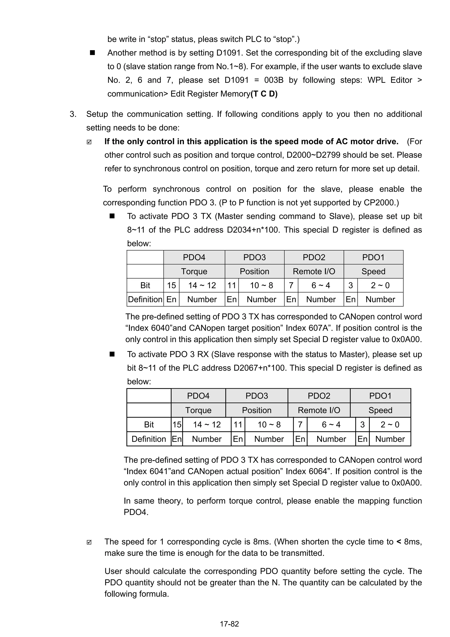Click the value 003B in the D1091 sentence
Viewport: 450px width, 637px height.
click(x=274, y=80)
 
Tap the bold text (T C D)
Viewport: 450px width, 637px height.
click(x=264, y=94)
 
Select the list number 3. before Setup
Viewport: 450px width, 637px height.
click(x=73, y=114)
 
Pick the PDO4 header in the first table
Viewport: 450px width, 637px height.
click(x=194, y=257)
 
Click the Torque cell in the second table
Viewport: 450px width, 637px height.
click(x=198, y=410)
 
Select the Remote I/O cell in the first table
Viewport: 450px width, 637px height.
click(x=314, y=271)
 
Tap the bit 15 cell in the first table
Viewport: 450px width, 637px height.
click(x=171, y=285)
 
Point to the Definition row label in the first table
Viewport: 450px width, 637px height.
click(x=145, y=299)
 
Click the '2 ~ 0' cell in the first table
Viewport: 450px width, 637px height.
click(x=380, y=285)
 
